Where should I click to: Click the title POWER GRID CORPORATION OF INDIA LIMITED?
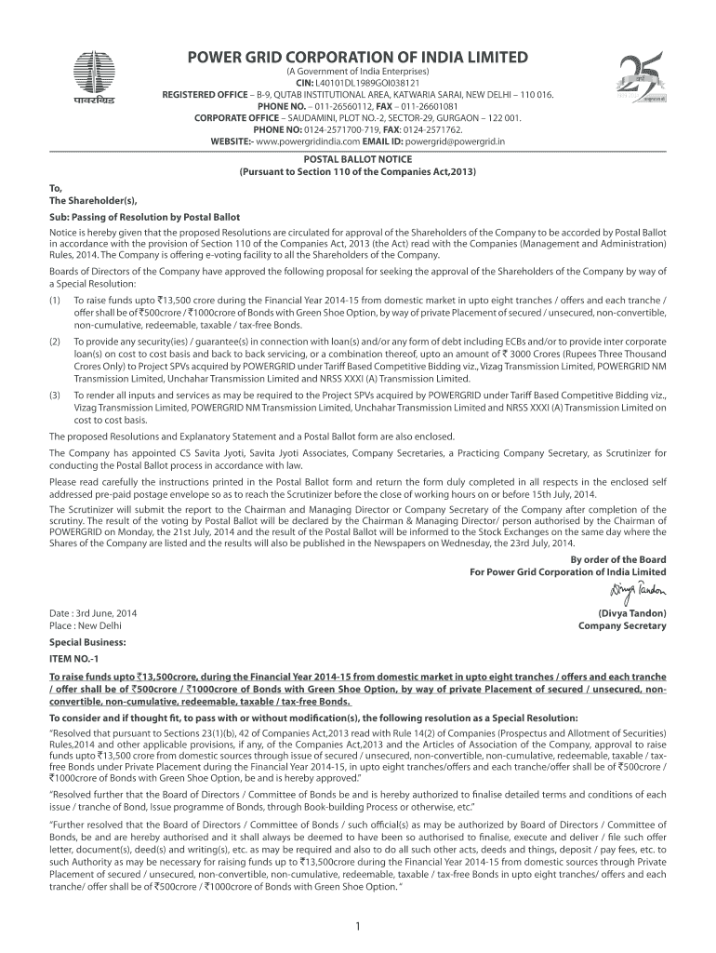pos(358,57)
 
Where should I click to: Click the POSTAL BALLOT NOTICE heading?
pos(357,160)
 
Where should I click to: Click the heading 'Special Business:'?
pos(87,642)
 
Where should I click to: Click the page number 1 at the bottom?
pos(357,925)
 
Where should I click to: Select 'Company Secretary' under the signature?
pos(622,626)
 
